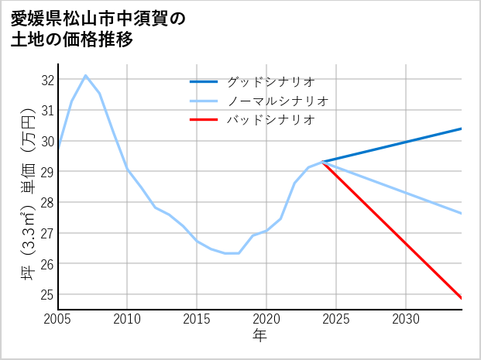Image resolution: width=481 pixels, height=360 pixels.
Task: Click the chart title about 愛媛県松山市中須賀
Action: (x=98, y=29)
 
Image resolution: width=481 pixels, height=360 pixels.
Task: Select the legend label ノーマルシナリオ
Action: (x=278, y=101)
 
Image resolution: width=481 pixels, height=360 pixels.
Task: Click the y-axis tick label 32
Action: (x=48, y=80)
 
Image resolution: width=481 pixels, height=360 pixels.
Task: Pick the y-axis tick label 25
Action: (x=48, y=295)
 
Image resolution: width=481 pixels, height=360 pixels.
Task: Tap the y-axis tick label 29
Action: (x=48, y=172)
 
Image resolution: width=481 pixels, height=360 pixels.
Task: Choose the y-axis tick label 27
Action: (x=48, y=233)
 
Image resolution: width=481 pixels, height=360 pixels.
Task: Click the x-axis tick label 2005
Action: (x=58, y=319)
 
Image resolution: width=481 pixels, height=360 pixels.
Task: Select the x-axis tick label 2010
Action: (x=127, y=319)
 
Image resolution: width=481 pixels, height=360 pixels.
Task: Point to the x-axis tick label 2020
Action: (x=266, y=319)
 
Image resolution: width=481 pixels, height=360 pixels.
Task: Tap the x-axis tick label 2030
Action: (x=406, y=319)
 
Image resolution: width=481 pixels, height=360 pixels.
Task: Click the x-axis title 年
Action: (x=260, y=336)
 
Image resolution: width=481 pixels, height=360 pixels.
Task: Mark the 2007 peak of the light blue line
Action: (x=85, y=76)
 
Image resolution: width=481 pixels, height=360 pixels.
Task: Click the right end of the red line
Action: (x=462, y=298)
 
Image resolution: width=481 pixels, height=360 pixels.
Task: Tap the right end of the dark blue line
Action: (x=462, y=129)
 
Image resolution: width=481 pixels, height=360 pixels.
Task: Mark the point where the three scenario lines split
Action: (x=322, y=162)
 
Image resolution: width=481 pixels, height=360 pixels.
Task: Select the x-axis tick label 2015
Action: (x=197, y=319)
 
